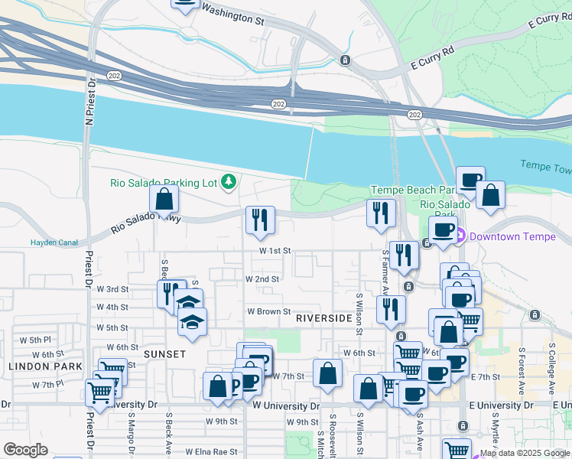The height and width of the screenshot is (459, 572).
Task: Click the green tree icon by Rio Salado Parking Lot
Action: tap(227, 181)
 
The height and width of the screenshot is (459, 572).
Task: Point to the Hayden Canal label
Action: tap(54, 243)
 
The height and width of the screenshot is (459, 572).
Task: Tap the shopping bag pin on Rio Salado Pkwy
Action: tap(164, 201)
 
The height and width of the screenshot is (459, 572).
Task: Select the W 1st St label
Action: tap(275, 251)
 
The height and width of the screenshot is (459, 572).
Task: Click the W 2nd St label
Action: tap(262, 279)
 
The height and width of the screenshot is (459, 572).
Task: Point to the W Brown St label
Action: tap(268, 311)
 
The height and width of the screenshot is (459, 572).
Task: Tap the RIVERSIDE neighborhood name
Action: tap(323, 317)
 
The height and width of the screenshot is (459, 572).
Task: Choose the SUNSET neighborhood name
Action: tap(164, 354)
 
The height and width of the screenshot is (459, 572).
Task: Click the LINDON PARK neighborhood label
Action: tap(45, 367)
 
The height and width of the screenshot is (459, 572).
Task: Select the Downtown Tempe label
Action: tap(512, 236)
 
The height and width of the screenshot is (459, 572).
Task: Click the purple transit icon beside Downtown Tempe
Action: tap(461, 236)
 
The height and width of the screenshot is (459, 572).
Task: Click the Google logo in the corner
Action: tap(25, 450)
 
